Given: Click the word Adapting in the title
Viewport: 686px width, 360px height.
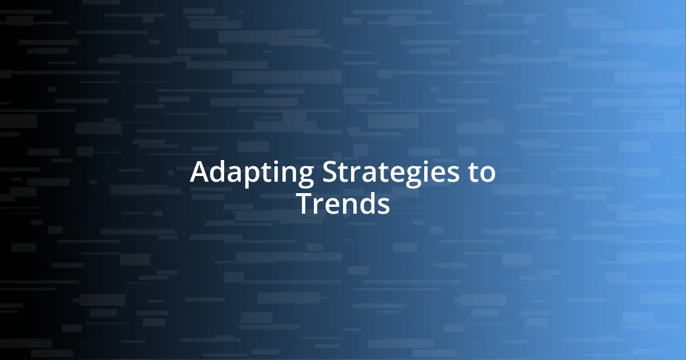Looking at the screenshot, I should (x=252, y=173).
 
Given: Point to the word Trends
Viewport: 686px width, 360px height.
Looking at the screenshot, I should (x=343, y=203).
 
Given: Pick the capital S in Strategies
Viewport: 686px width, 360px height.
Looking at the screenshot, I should (x=330, y=172).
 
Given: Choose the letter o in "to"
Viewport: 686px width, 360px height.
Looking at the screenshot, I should (x=488, y=174).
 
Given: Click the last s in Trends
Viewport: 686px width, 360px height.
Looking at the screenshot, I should (x=384, y=205).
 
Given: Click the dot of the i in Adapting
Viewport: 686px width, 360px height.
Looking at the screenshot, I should (x=274, y=162).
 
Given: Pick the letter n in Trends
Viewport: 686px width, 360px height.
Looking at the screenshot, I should (x=349, y=205).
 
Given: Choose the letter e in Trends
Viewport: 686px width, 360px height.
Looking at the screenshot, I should (x=332, y=205).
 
